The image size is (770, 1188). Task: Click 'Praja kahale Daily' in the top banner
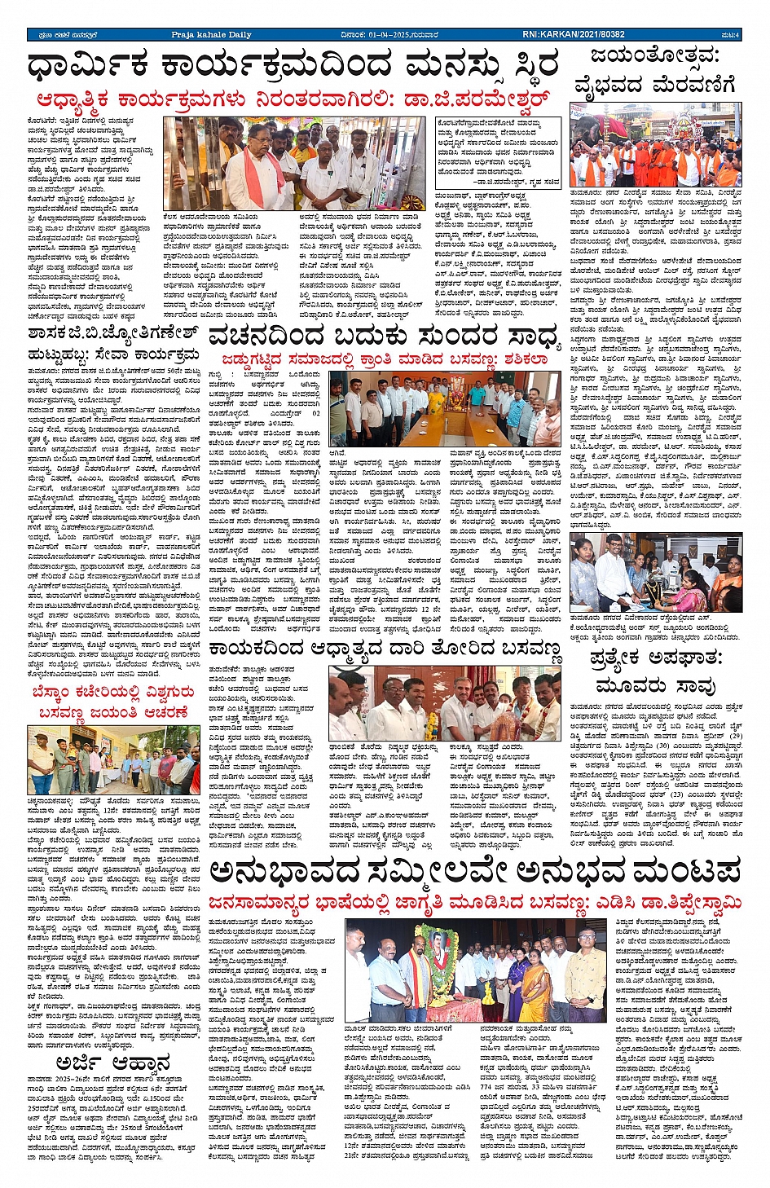211,34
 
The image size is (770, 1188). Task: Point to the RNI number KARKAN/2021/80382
574,34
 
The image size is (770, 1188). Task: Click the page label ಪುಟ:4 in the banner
730,34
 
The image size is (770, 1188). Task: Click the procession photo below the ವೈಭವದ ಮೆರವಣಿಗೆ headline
655,147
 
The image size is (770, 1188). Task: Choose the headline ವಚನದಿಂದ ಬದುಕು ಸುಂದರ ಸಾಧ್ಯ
383,335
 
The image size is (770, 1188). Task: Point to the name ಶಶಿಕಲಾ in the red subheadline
526,359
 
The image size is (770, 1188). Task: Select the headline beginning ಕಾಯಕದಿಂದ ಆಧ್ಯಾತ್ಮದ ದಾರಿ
383,649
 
